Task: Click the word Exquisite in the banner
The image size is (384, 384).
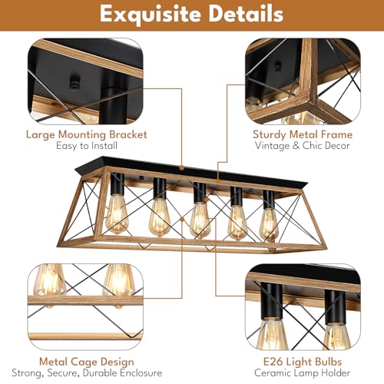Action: (x=151, y=15)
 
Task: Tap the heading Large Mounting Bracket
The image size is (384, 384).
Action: (x=87, y=134)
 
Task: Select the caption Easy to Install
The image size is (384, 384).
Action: (x=87, y=146)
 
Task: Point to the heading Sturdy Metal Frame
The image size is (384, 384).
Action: (x=303, y=134)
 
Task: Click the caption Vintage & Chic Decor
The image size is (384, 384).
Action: (x=303, y=146)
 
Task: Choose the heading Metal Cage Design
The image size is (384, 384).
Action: (x=87, y=362)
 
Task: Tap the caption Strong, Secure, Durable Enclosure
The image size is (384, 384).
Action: (x=87, y=373)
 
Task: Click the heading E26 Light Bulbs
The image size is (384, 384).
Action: (x=303, y=362)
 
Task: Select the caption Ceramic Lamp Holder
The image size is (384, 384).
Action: (x=303, y=372)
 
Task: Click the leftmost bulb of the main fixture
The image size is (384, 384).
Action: (x=117, y=214)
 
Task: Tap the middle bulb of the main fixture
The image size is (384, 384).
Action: (x=200, y=220)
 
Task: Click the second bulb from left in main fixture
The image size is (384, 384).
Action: (x=159, y=218)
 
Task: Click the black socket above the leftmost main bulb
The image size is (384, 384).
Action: (x=118, y=184)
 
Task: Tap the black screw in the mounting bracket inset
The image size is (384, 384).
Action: (x=74, y=81)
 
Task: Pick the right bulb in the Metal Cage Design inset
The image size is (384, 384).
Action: (x=119, y=281)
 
